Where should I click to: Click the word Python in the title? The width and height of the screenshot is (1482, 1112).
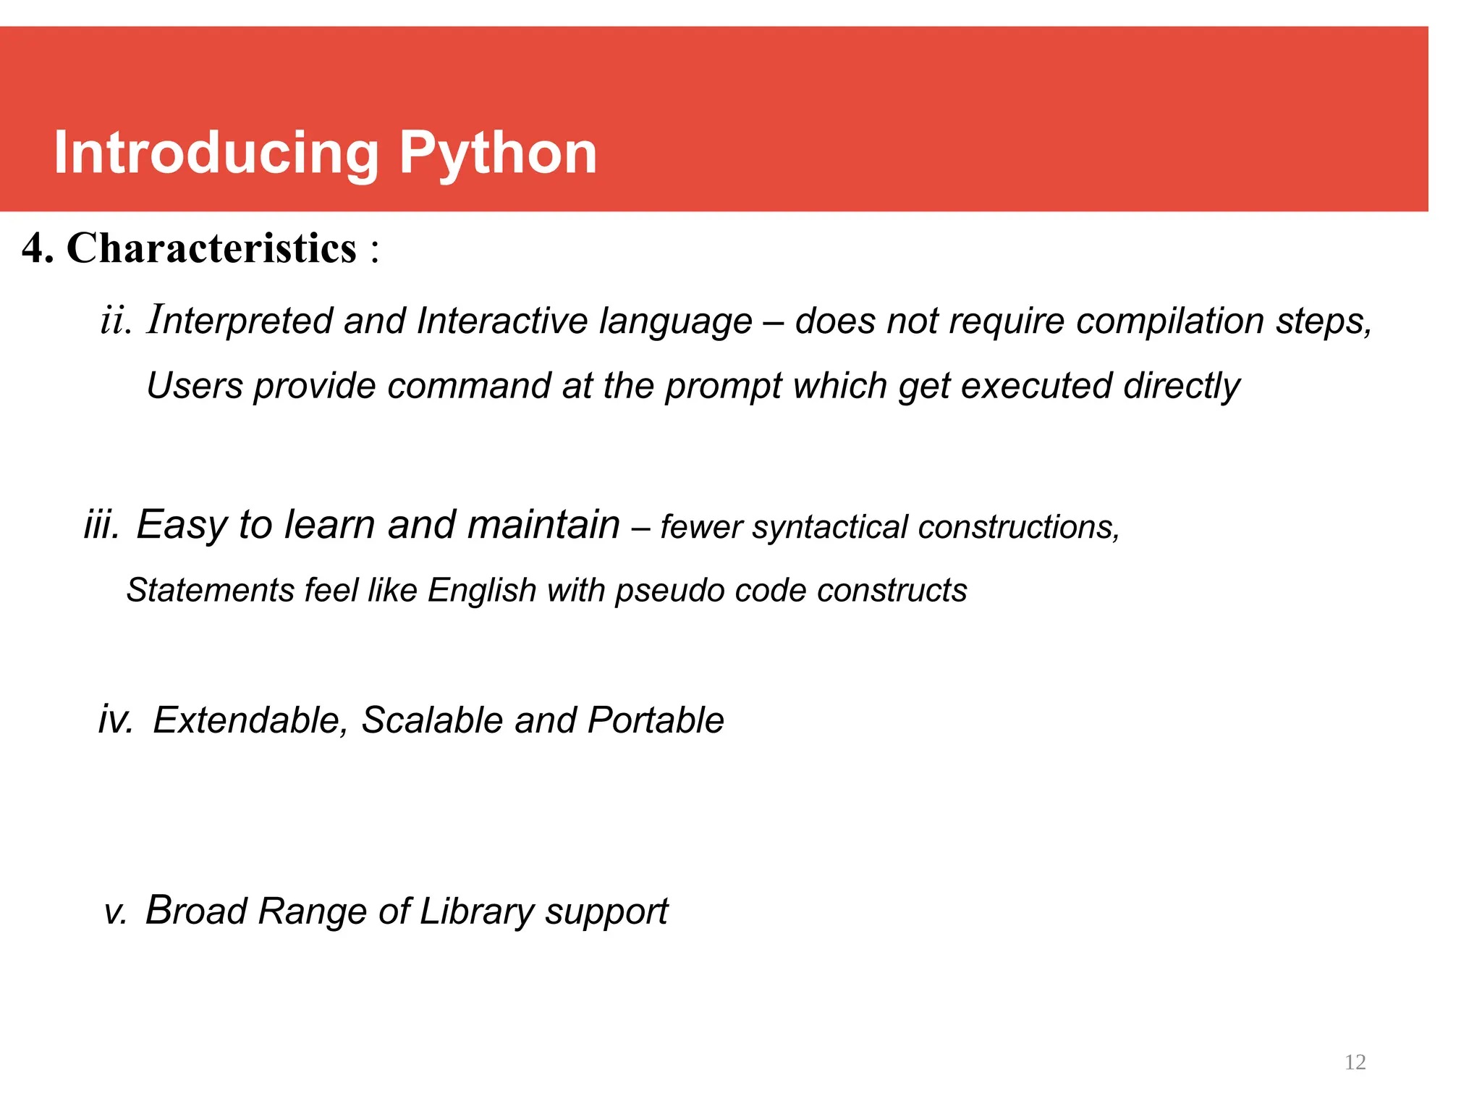coord(498,153)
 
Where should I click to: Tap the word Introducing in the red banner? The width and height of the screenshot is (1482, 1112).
coord(216,153)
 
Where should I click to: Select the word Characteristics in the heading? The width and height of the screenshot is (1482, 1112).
coord(211,248)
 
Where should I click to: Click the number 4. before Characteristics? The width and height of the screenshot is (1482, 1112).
coord(38,248)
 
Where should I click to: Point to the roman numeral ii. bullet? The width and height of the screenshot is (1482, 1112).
coord(116,321)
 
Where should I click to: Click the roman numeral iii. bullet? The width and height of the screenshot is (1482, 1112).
coord(101,524)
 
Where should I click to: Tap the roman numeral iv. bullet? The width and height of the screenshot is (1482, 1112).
coord(116,720)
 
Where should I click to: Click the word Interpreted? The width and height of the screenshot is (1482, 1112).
coord(240,321)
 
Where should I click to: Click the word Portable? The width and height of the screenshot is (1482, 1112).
coord(656,720)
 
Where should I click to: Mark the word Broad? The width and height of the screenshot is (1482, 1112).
coord(195,911)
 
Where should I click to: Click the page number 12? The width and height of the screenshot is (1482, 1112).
coord(1355,1062)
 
